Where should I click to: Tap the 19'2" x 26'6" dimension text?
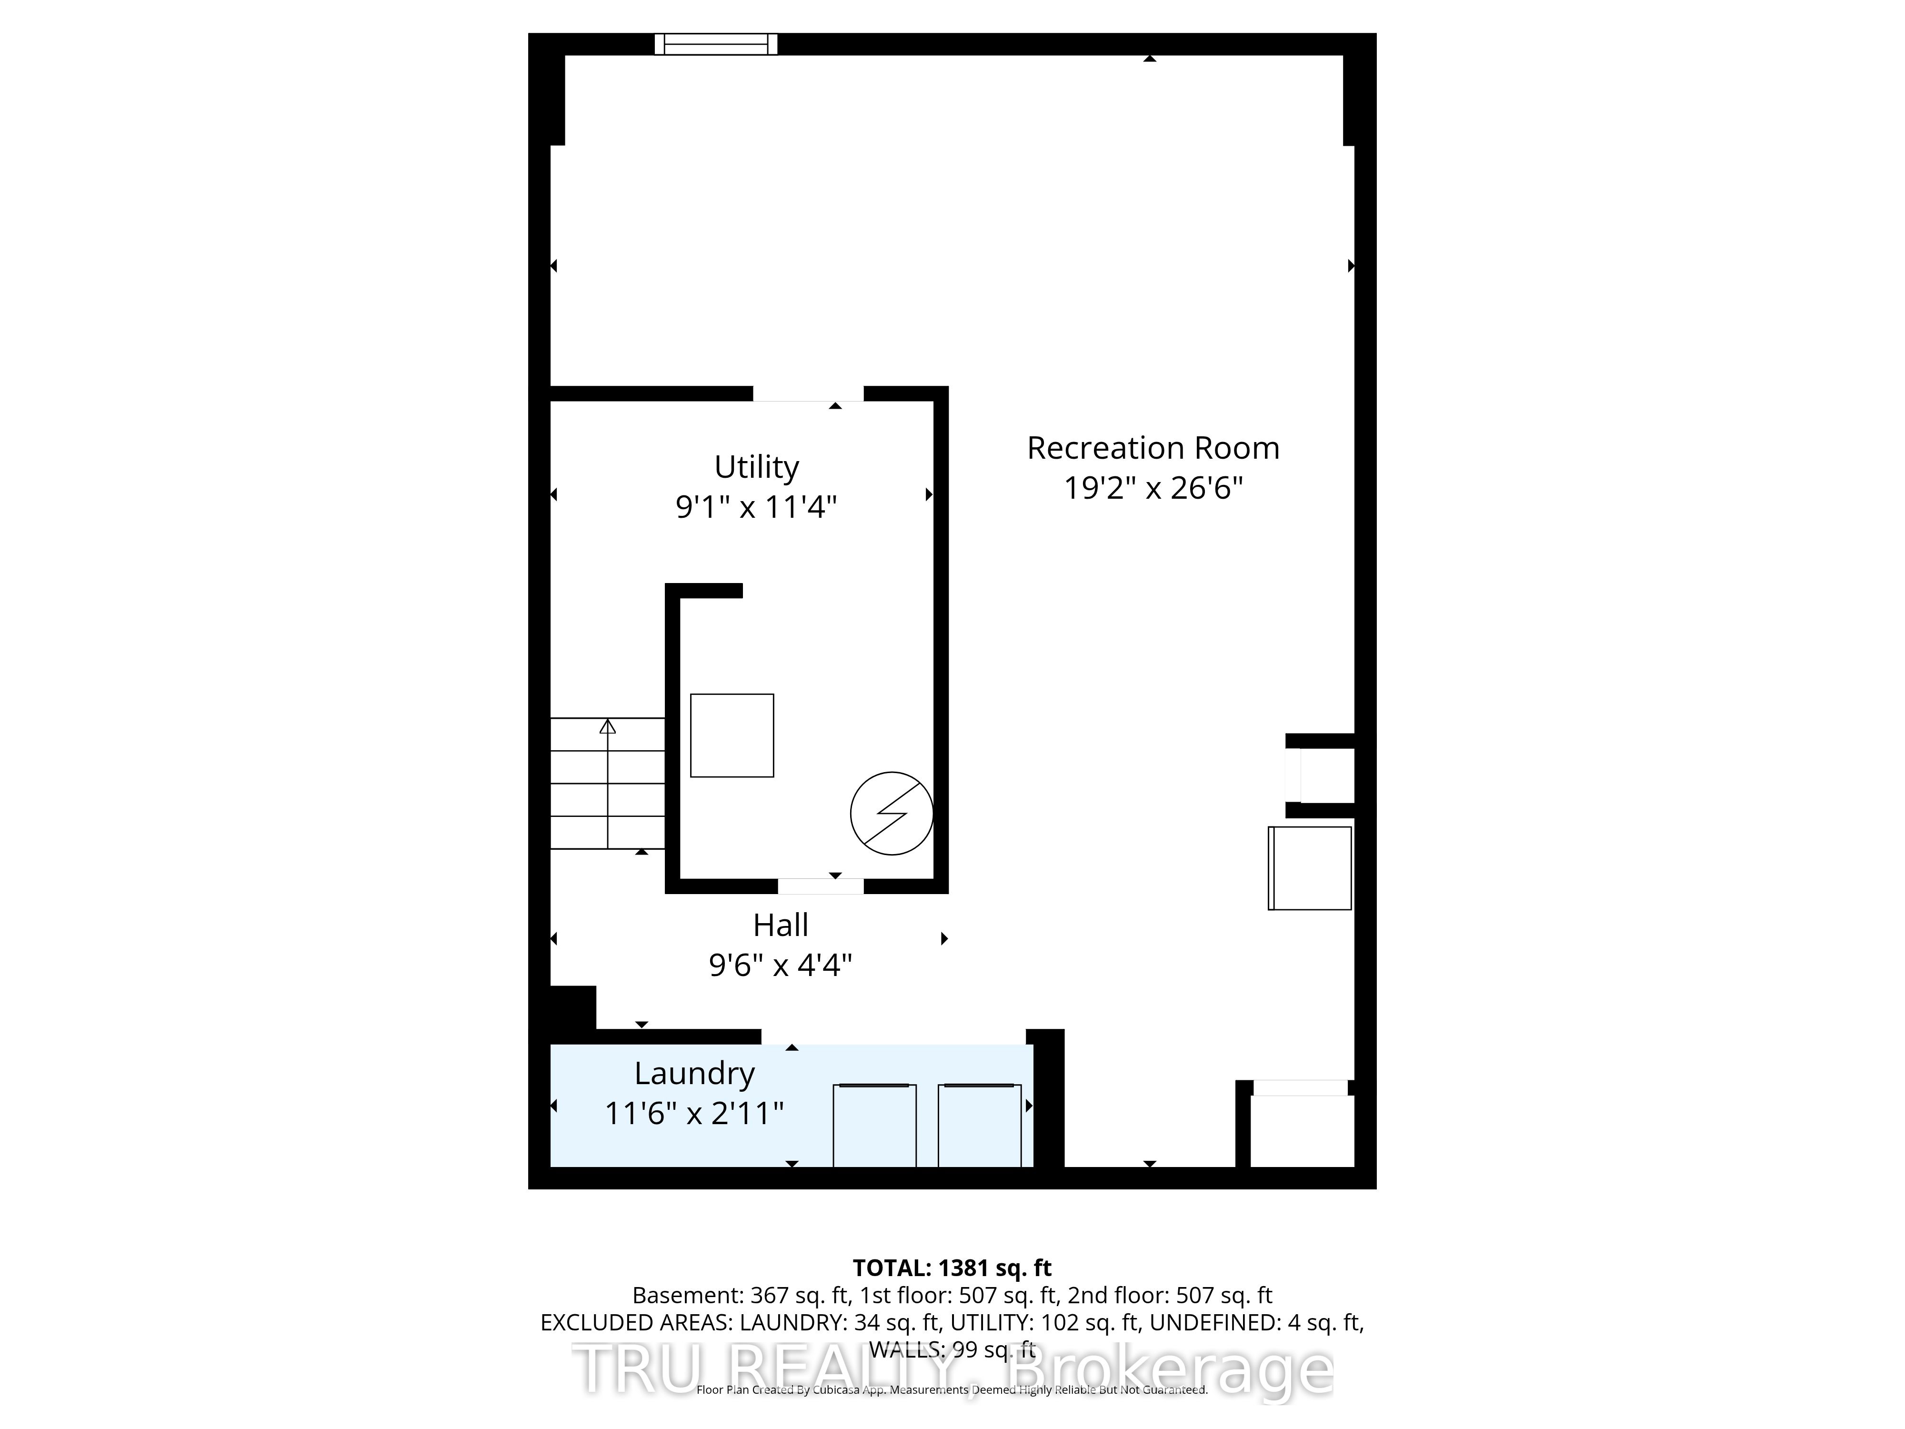point(1153,488)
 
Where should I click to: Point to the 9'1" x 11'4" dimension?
point(756,506)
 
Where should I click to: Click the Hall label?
point(780,925)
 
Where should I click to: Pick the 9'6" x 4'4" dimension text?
point(780,965)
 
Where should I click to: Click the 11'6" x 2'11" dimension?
point(694,1114)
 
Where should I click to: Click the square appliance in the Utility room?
point(732,735)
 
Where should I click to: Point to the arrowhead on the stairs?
point(608,726)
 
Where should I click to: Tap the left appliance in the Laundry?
point(874,1125)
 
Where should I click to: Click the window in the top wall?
point(716,44)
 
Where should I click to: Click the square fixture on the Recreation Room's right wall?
point(1310,868)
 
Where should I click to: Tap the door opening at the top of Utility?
point(809,394)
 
